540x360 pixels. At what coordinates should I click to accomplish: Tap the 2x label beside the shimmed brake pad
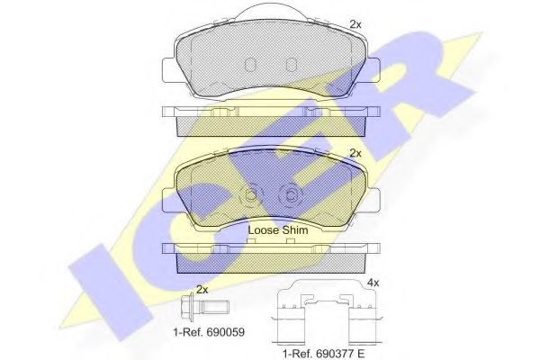[355, 153]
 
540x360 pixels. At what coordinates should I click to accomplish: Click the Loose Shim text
[277, 230]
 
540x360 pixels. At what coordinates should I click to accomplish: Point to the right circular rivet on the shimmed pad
[291, 194]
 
